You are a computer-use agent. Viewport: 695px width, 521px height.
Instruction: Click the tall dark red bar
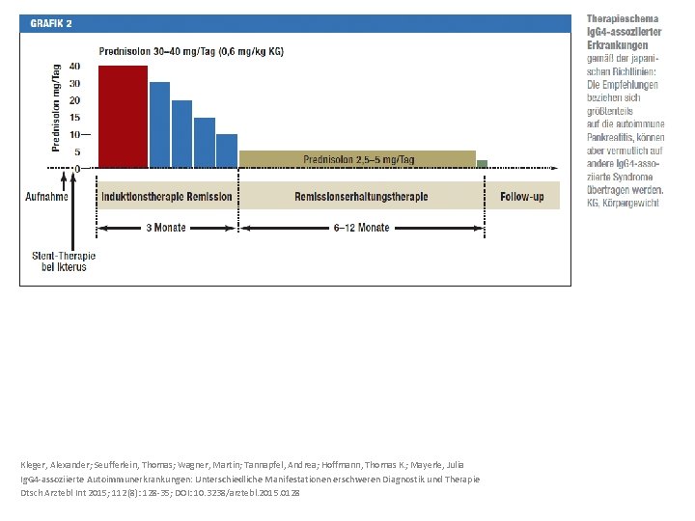(123, 117)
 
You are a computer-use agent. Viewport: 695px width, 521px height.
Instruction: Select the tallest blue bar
(159, 124)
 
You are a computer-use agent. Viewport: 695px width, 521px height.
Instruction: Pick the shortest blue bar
(227, 151)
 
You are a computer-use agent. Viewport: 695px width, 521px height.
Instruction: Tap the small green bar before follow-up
(482, 164)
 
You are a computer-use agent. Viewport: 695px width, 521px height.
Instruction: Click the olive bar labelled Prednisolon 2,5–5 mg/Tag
(357, 159)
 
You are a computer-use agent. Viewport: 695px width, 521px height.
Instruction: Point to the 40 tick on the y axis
(74, 67)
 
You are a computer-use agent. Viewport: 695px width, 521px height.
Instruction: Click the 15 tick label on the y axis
(74, 118)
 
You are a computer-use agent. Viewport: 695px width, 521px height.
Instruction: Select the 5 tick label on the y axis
(77, 152)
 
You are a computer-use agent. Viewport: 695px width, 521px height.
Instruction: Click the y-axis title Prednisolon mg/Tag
(56, 108)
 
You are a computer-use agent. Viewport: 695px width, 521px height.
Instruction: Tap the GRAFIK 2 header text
(51, 23)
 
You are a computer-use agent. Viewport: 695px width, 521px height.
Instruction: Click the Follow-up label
(522, 197)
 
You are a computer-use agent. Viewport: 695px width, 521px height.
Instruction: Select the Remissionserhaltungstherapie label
(361, 197)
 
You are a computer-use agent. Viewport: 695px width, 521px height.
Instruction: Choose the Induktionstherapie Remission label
(167, 197)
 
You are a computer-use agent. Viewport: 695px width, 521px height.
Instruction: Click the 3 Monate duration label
(166, 228)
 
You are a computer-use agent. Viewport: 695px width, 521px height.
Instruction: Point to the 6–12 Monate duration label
(361, 228)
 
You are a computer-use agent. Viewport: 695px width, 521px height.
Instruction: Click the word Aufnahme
(46, 197)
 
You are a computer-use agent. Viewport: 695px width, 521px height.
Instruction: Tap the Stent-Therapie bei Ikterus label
(64, 261)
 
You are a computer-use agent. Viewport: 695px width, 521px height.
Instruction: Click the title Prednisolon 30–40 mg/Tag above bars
(191, 51)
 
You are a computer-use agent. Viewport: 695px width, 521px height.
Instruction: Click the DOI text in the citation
(237, 493)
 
